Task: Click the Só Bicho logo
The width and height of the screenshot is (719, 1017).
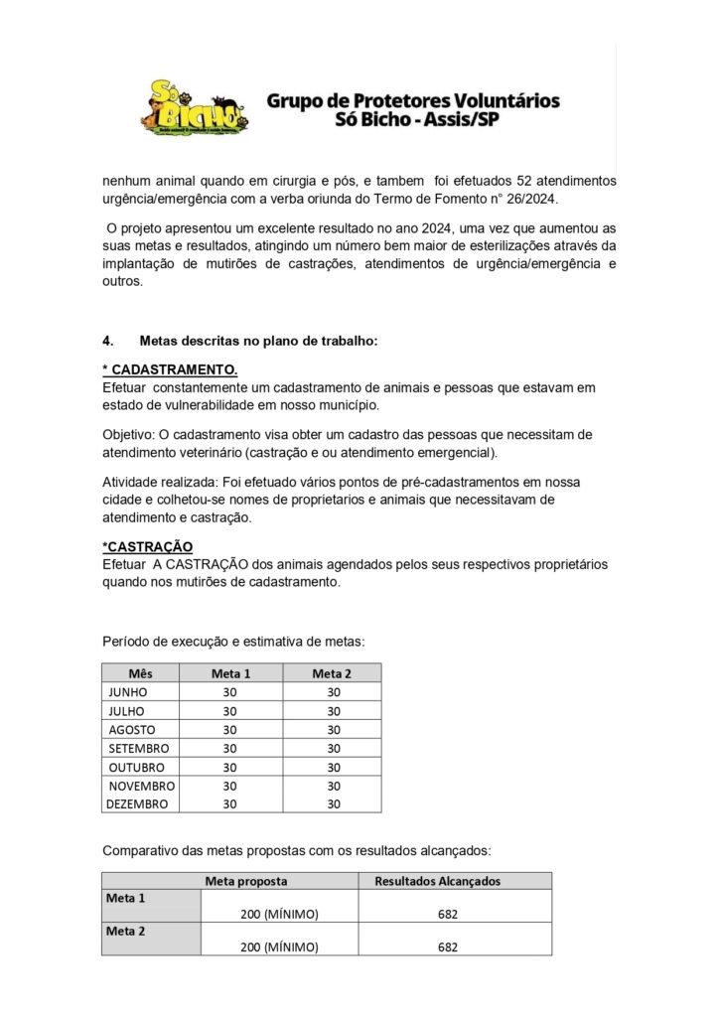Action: (195, 107)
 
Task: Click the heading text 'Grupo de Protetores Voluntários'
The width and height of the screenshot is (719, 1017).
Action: (413, 100)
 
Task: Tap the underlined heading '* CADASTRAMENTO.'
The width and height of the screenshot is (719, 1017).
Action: (170, 369)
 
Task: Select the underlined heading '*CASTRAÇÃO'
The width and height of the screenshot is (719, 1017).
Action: (147, 547)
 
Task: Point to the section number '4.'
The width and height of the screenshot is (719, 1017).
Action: (110, 341)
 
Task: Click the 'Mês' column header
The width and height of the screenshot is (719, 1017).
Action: (140, 673)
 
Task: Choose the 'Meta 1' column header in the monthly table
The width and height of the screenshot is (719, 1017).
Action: (230, 673)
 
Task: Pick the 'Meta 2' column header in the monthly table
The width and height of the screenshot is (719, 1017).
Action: (332, 673)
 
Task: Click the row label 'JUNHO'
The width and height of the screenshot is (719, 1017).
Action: (128, 692)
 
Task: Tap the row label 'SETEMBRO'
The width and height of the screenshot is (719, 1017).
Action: (139, 748)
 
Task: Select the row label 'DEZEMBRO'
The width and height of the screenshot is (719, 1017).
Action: (137, 804)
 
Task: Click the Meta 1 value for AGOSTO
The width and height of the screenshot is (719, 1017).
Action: (230, 730)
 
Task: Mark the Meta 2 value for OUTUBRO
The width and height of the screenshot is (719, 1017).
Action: (333, 767)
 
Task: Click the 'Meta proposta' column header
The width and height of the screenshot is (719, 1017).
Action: (246, 881)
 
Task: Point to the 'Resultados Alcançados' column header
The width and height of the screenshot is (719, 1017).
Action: (437, 881)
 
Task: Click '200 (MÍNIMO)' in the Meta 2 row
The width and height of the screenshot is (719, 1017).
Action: (279, 947)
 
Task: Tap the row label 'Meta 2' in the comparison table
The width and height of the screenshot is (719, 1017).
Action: (126, 932)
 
